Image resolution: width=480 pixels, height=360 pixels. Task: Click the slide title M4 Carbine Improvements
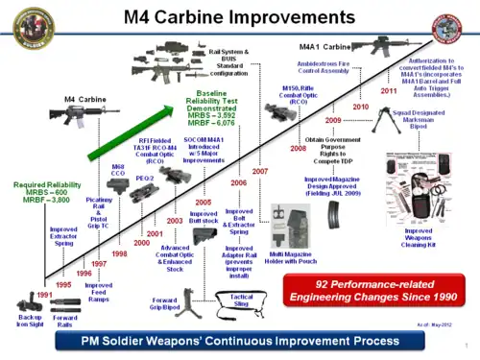239,17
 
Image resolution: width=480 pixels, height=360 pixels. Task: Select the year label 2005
203,202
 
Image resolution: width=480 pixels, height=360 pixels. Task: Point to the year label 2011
389,90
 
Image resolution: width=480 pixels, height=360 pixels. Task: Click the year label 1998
119,253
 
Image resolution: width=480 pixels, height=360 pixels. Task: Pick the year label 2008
298,149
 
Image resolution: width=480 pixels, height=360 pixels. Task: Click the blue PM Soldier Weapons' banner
239,340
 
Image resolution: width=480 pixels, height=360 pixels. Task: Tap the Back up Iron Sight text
30,319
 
